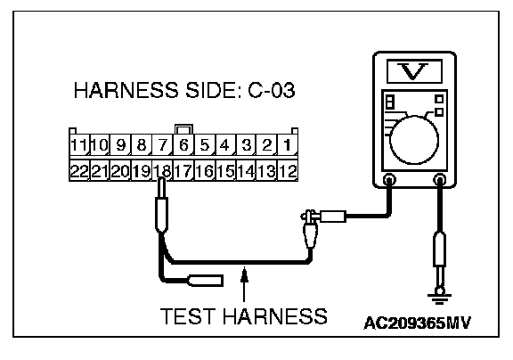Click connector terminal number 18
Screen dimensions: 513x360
pos(163,170)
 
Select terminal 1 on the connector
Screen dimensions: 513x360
pos(288,144)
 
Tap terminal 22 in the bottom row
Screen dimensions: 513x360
pos(79,170)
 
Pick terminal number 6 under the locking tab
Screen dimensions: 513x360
pos(183,144)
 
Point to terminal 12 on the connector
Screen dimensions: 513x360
pos(288,170)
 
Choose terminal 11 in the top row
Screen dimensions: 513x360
pos(79,144)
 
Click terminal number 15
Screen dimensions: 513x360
pos(225,170)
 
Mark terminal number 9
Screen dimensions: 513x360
pos(121,144)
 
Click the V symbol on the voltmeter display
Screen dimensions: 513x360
pos(413,71)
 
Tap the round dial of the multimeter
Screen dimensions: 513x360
pos(414,140)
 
